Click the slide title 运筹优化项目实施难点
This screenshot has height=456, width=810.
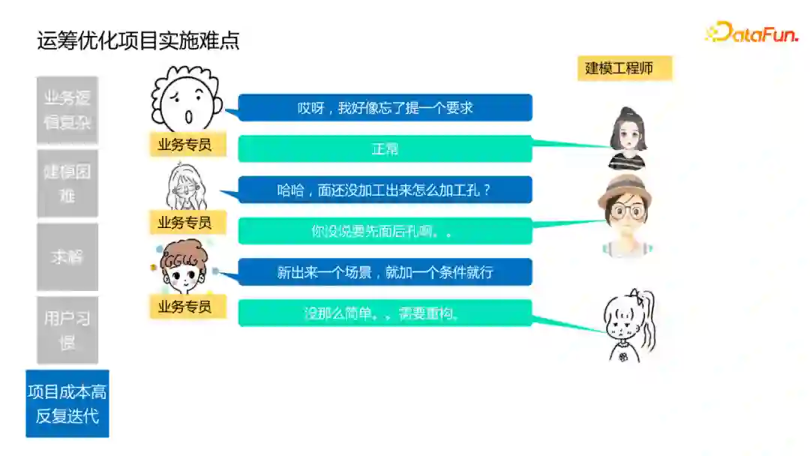(x=138, y=40)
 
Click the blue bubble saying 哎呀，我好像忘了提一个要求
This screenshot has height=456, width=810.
(x=385, y=107)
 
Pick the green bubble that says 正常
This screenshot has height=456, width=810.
(x=385, y=148)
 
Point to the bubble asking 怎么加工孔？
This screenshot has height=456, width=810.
(x=385, y=190)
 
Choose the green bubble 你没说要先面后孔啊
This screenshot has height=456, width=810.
(x=385, y=231)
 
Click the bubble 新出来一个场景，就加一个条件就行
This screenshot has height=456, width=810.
(x=385, y=272)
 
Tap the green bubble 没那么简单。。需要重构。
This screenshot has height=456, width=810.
(x=385, y=313)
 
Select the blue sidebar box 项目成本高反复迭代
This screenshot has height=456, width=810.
(x=67, y=403)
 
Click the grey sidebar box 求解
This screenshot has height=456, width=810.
(x=67, y=256)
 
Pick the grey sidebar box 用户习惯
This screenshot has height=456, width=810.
(x=67, y=330)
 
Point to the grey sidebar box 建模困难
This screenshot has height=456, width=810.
(x=67, y=184)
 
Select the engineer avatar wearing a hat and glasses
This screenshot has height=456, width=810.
(x=625, y=213)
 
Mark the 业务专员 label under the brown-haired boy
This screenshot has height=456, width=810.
(x=184, y=306)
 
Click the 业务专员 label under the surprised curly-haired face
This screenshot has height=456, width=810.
(x=184, y=145)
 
